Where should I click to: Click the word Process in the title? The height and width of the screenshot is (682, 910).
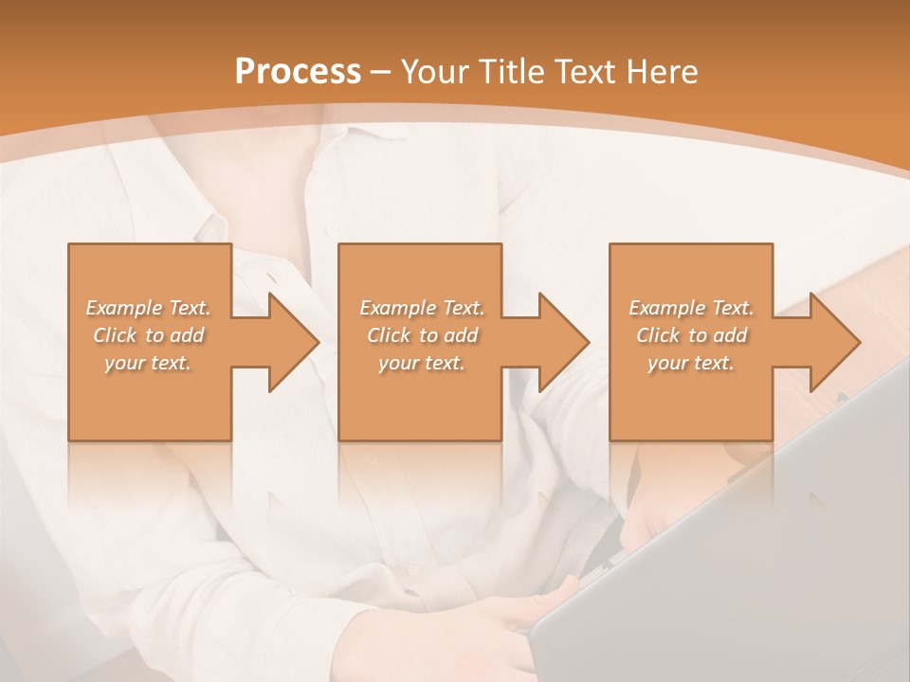(x=298, y=71)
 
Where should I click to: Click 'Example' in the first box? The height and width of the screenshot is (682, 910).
(x=122, y=308)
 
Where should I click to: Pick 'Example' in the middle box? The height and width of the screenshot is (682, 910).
(x=396, y=308)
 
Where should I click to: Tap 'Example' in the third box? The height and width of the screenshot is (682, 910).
(x=665, y=308)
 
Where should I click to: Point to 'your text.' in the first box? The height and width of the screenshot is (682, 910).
(x=148, y=363)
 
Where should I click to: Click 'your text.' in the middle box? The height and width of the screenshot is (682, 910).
(x=422, y=363)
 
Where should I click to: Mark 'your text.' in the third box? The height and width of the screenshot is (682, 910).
(x=691, y=363)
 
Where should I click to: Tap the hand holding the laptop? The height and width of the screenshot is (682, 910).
(x=531, y=606)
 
